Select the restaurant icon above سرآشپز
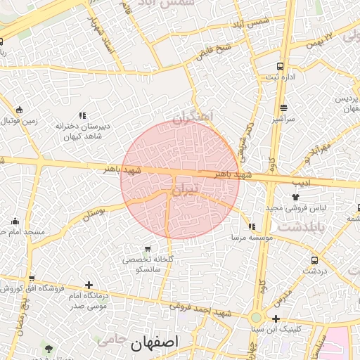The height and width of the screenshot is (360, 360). [283, 108]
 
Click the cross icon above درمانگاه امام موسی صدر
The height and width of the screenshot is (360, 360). [89, 285]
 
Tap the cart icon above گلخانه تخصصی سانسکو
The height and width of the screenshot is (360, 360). [147, 248]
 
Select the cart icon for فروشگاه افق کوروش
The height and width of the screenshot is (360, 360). [31, 278]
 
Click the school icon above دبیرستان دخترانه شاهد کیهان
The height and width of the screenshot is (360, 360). [82, 115]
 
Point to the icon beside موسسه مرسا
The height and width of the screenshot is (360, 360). [252, 226]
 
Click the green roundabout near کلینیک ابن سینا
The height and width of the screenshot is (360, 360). [257, 318]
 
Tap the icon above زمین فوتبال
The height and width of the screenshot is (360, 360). [19, 110]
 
